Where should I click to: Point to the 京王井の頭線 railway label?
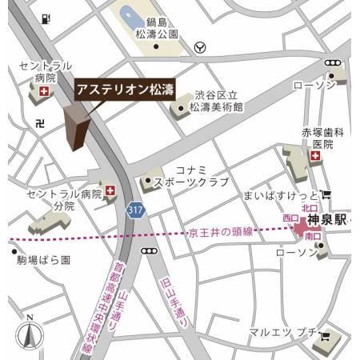(x=221, y=232)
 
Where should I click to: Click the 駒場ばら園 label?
(x=42, y=260)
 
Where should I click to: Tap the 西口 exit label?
(x=290, y=218)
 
